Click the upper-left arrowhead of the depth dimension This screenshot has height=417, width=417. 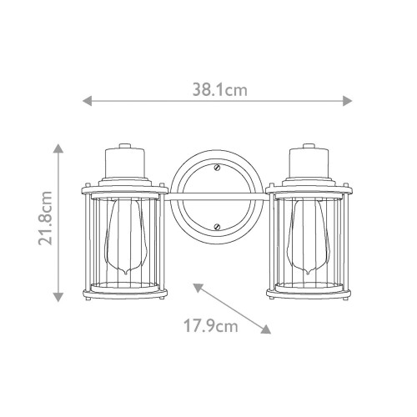pos(196,287)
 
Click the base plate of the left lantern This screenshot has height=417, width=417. pos(124,292)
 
